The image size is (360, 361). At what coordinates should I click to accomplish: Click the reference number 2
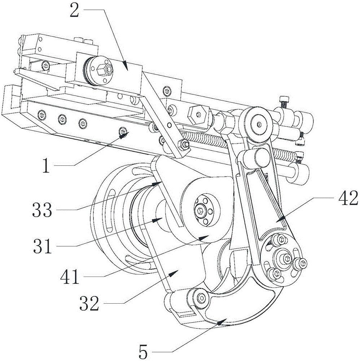click(75, 10)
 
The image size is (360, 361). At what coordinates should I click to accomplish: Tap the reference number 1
click(47, 166)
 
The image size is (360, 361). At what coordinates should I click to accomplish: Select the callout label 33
click(42, 210)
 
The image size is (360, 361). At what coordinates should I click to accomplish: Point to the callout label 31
click(43, 246)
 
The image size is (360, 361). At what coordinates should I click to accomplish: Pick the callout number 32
click(89, 303)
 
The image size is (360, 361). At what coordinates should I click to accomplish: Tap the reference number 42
click(348, 198)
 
